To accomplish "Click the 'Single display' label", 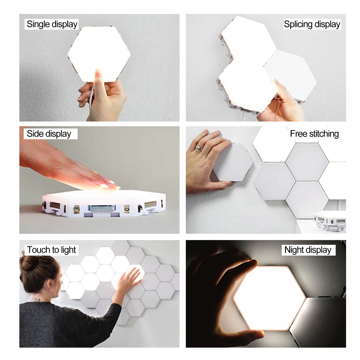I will click(52, 24).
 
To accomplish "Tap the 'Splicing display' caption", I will click(312, 24).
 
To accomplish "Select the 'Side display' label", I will click(49, 134).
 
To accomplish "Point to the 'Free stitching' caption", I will click(314, 134).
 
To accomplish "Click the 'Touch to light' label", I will click(51, 250).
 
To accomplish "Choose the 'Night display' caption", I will click(308, 250).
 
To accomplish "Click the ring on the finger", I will click(198, 148).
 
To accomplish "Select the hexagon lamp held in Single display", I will click(99, 52).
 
